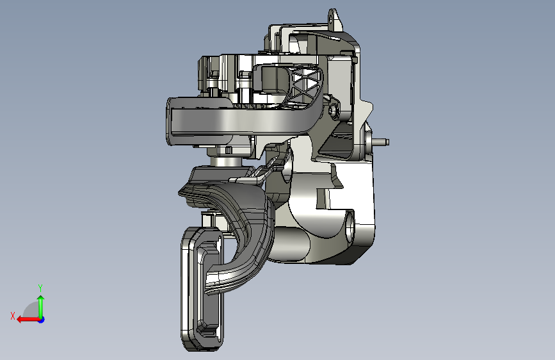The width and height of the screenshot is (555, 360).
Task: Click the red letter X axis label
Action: click(x=13, y=316)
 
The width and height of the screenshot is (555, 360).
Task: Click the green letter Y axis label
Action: click(x=40, y=288)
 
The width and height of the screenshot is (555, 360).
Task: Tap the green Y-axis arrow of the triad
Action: click(x=41, y=306)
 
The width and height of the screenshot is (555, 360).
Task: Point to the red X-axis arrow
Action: click(x=28, y=320)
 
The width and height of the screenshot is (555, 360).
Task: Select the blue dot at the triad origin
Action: click(x=42, y=320)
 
